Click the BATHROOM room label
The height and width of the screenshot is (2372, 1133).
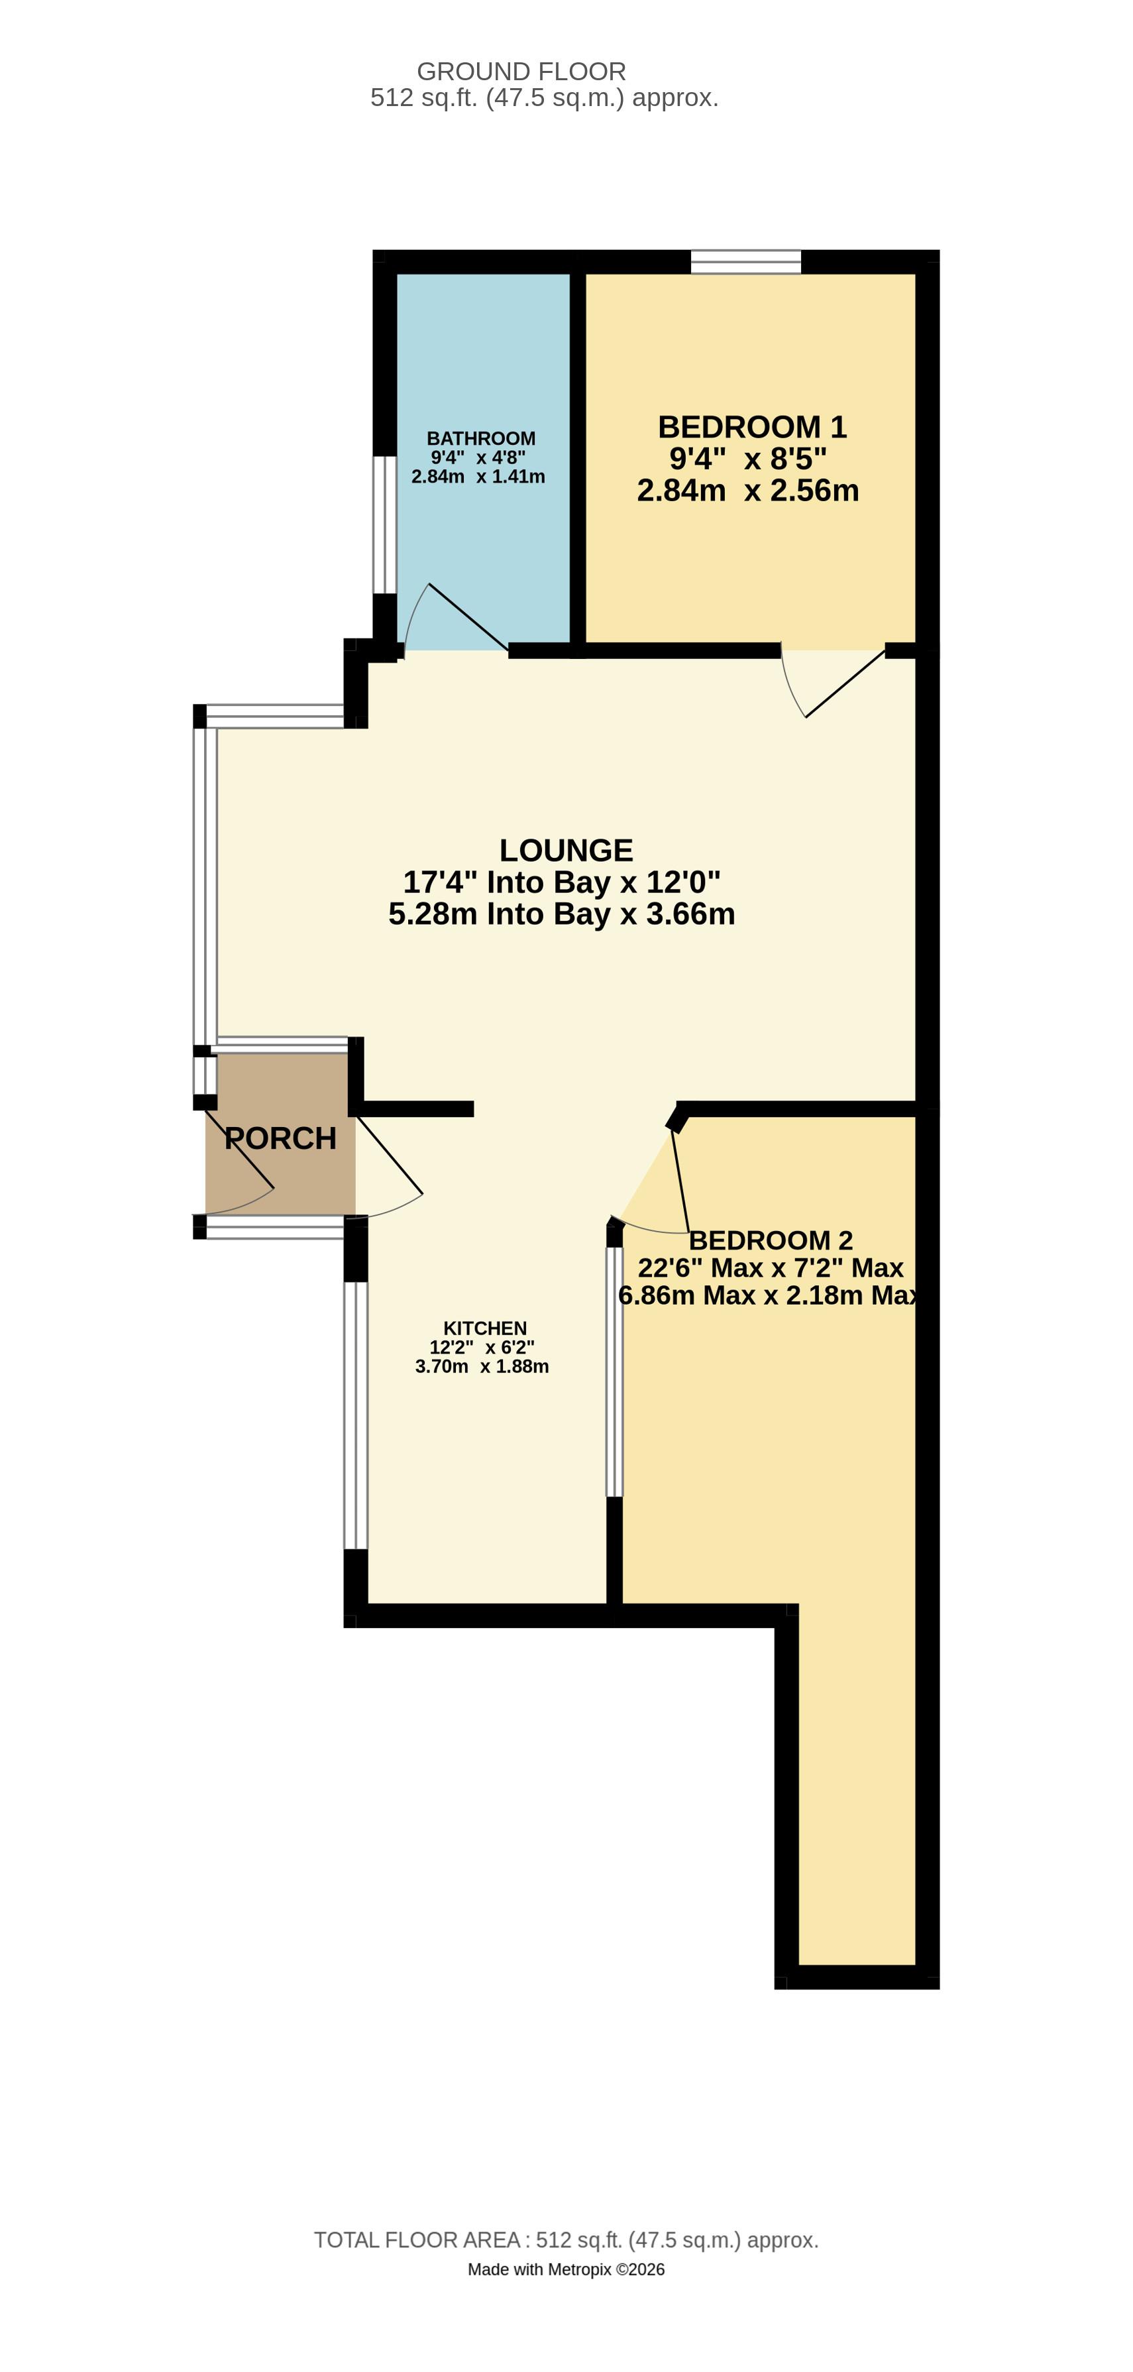(x=480, y=438)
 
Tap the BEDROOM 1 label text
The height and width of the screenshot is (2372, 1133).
(x=751, y=427)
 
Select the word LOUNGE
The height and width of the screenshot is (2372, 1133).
(x=566, y=850)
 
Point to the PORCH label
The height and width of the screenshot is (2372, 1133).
(x=281, y=1138)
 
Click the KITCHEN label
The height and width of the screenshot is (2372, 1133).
(x=485, y=1328)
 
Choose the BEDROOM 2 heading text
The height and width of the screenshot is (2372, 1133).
(x=771, y=1240)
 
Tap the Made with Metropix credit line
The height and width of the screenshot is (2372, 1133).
(x=566, y=2269)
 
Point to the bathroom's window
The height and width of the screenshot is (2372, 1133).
(x=385, y=525)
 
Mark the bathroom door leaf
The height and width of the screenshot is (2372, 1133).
(x=468, y=617)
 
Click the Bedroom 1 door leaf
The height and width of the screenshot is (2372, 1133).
(x=845, y=683)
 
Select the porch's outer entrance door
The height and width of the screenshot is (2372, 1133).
(x=239, y=1151)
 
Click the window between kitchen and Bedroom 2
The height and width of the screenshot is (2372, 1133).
(x=614, y=1372)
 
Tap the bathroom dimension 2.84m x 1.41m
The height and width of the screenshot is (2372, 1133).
(x=478, y=477)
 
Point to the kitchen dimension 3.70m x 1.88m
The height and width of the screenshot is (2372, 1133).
(x=482, y=1366)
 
